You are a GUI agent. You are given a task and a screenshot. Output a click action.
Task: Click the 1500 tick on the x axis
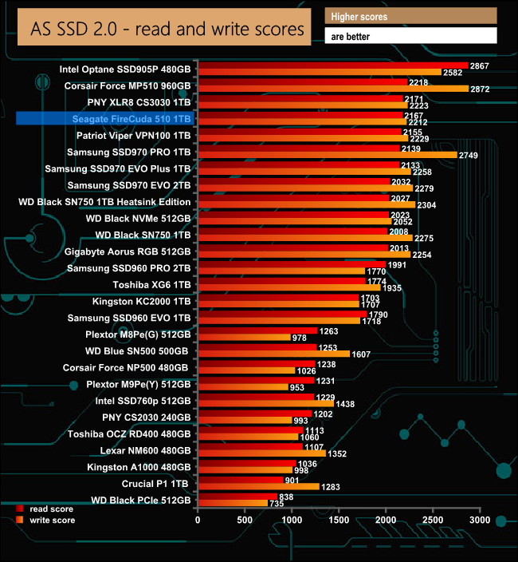pyautogui.click(x=339, y=520)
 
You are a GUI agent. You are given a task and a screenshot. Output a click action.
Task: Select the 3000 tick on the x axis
pyautogui.click(x=480, y=520)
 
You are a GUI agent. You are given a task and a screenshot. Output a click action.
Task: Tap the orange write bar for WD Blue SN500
pyautogui.click(x=273, y=354)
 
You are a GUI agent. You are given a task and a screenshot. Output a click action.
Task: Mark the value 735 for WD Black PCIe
pyautogui.click(x=277, y=504)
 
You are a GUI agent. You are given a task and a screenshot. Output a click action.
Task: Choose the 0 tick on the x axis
pyautogui.click(x=198, y=520)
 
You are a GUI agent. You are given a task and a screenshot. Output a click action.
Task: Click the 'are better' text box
pyautogui.click(x=410, y=36)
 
